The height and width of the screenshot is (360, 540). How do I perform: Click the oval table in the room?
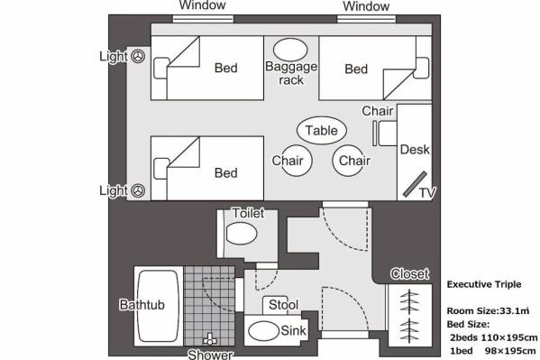pos(322,130)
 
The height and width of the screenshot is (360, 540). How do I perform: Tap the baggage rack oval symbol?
pos(290,50)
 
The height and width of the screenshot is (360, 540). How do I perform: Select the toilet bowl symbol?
pos(242,234)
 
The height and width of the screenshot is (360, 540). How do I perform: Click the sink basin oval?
pos(263,331)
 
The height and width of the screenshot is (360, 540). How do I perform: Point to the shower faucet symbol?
pos(210,339)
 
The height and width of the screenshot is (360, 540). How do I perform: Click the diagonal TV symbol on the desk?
pos(415,184)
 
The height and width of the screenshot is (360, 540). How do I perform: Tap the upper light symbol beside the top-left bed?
pos(139,56)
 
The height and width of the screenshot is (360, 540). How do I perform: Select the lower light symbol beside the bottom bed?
pos(139,190)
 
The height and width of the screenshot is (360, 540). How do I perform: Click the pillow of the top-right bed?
pos(421,68)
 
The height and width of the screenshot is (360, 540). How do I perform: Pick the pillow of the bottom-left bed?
pos(161,169)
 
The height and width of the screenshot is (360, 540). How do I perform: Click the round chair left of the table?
pos(292,161)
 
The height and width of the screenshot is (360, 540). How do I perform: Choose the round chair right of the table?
pos(349,161)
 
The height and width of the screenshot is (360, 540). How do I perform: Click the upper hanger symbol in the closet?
pos(409,301)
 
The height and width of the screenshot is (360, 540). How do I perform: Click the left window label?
pos(203,5)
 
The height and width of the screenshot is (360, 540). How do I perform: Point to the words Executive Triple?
pos(484,284)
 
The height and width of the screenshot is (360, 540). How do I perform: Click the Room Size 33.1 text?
pos(488,310)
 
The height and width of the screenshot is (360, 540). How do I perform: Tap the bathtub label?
pos(142,305)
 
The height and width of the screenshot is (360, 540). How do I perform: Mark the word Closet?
pos(410,273)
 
